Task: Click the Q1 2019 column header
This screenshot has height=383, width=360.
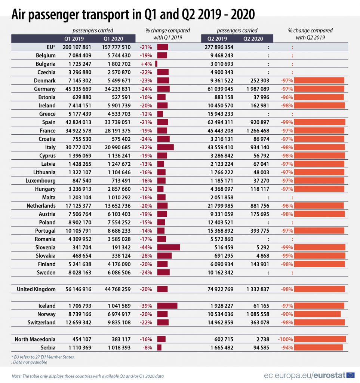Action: pos(74,39)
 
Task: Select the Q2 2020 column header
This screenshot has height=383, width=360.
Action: pos(253,39)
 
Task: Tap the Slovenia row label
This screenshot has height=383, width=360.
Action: pos(45,247)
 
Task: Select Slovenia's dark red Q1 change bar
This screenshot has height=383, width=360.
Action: pos(169,247)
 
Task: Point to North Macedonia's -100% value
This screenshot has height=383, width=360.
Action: pos(285,339)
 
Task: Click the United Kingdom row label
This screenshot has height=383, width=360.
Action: pos(36,289)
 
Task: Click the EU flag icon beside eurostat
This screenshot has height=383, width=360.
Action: pos(350,375)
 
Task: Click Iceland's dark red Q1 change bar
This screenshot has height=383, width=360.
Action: pos(167,306)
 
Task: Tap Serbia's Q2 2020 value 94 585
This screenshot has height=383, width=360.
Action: pos(258,347)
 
